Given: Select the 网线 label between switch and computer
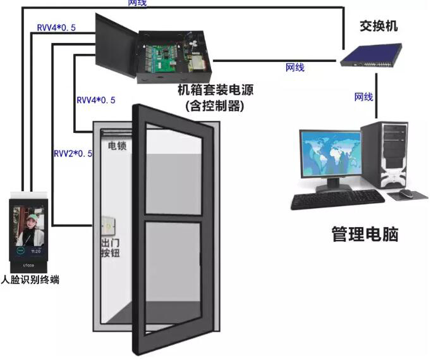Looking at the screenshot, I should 363,97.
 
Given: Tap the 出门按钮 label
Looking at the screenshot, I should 111,248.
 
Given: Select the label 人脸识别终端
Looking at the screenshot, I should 30,279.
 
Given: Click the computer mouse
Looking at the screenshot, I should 405,193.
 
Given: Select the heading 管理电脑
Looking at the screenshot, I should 365,235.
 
